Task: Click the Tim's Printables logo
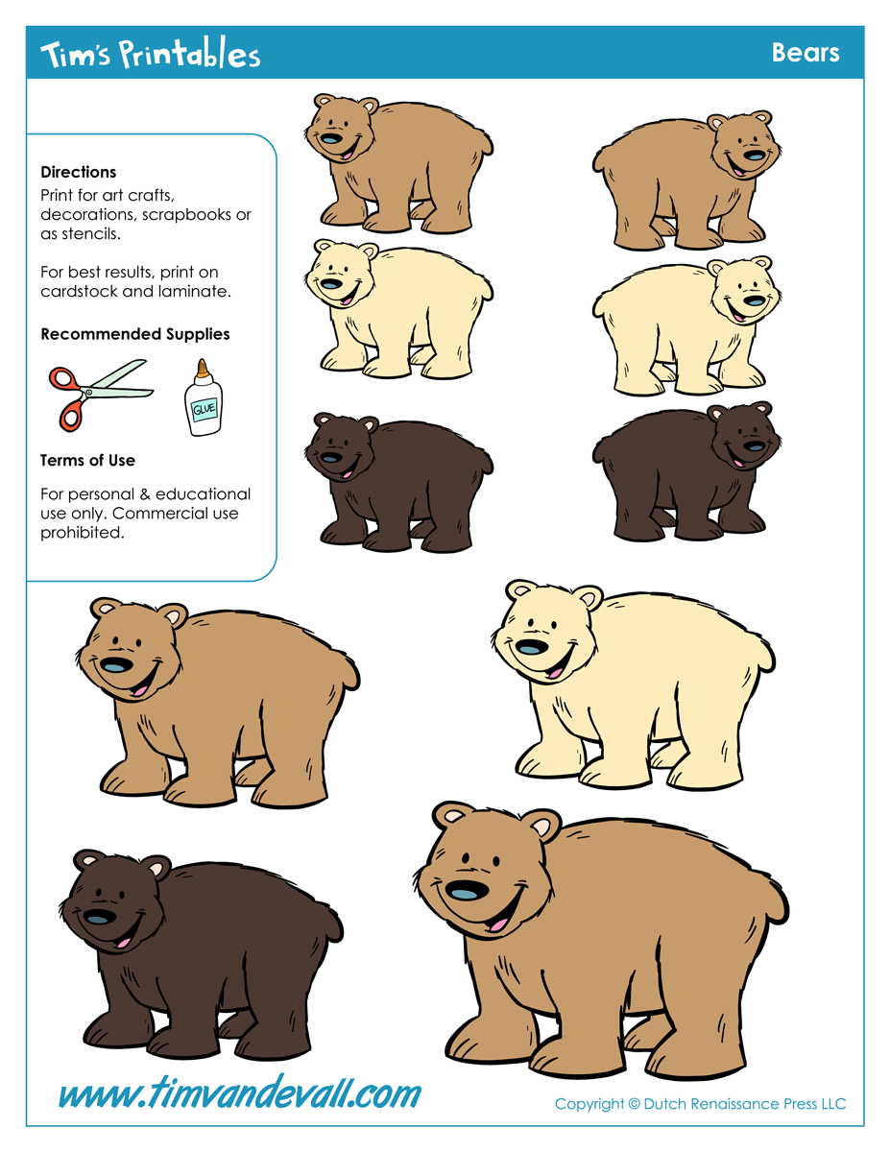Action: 150,53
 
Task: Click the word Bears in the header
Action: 806,53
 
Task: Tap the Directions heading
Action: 79,172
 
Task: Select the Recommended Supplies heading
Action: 135,334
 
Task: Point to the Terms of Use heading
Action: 87,460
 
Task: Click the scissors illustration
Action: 101,395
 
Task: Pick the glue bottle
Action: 203,397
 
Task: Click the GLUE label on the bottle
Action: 204,409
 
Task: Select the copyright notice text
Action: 700,1104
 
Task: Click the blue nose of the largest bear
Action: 467,891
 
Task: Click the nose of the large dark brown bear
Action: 100,917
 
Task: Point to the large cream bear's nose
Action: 532,647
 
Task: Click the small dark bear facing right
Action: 686,470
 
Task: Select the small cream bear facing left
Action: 398,308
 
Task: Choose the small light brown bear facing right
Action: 686,180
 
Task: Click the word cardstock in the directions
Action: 79,292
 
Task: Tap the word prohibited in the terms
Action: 83,533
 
